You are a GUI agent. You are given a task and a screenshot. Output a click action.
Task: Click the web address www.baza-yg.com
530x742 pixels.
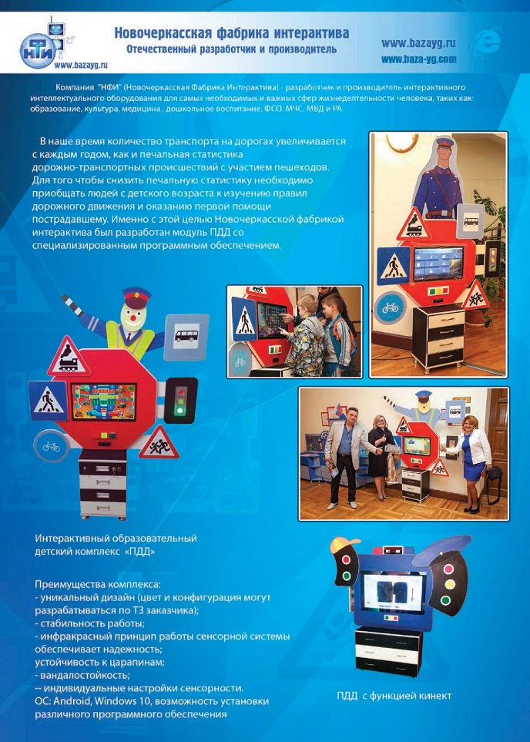[419, 59]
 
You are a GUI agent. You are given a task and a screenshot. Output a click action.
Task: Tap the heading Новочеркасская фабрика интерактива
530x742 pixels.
[232, 33]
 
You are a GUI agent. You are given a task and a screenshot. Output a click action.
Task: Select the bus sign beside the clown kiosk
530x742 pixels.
[186, 337]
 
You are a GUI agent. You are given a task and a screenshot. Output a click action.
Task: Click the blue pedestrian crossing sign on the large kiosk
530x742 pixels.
[49, 401]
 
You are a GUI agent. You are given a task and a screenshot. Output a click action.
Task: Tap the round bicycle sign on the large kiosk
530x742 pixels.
[51, 445]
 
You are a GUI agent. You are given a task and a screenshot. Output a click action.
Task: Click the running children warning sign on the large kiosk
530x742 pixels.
[159, 444]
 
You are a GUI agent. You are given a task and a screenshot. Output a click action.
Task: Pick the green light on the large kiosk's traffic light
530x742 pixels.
[179, 410]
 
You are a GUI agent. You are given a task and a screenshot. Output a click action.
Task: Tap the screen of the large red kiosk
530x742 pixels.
[104, 401]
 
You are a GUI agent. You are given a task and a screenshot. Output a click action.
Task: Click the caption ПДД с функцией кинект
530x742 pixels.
[394, 696]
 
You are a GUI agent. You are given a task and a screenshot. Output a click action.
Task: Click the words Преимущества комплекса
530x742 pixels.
[98, 584]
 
